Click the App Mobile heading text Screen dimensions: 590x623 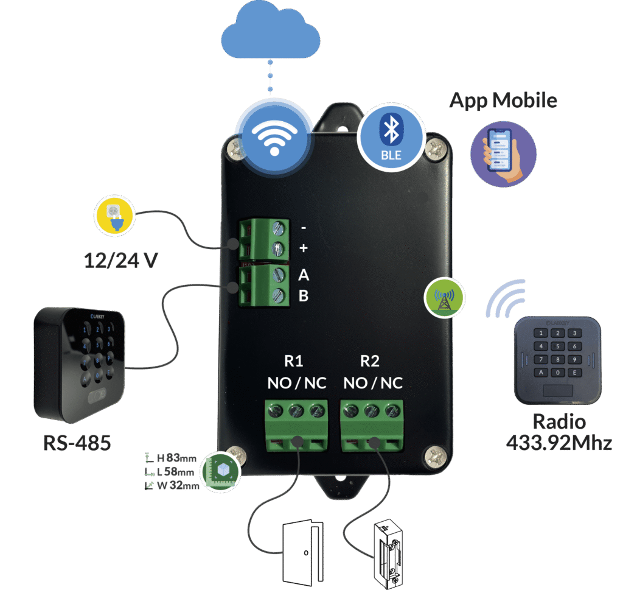[x=503, y=100]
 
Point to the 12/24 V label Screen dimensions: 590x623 [x=120, y=260]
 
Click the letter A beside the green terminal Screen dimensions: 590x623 [x=304, y=275]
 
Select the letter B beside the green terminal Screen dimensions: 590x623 [x=304, y=296]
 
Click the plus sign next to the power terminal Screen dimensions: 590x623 [x=304, y=248]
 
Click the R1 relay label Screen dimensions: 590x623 [x=294, y=361]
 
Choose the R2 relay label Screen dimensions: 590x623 [x=370, y=361]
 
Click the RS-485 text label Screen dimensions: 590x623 [x=77, y=443]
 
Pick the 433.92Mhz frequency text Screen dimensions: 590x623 [x=559, y=443]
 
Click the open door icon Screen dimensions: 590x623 [x=302, y=552]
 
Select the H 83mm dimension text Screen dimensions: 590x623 [x=176, y=458]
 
